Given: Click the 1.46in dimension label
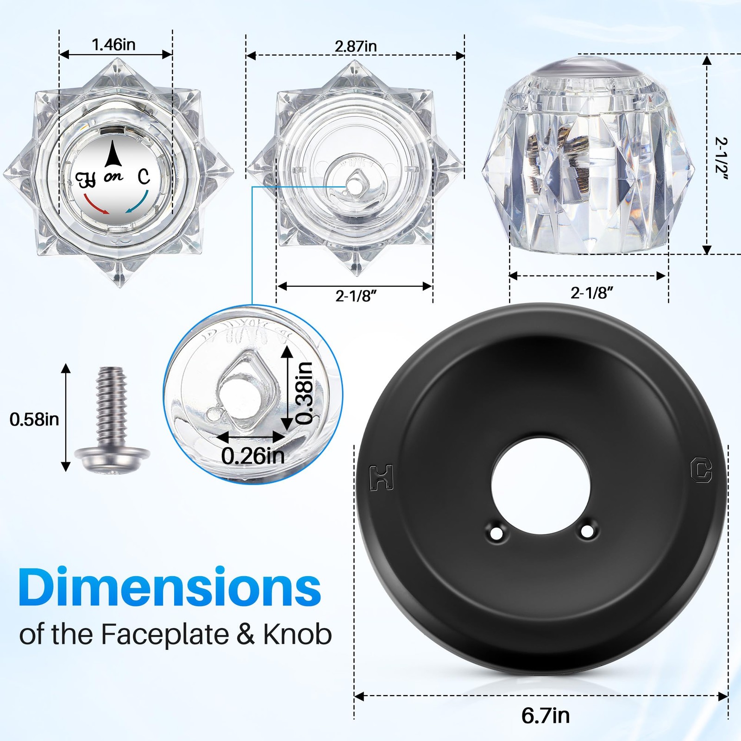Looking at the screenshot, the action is pos(113,44).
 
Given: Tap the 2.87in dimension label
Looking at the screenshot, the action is pos(356,46).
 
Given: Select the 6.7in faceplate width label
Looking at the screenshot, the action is pos(546,716).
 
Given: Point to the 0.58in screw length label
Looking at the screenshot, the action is pos(34,420).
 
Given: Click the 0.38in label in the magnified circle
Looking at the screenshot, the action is pos(305,393).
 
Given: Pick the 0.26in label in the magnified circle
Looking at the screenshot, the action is pos(253,456).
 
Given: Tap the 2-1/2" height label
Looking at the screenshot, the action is pos(721,158).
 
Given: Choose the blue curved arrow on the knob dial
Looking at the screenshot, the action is pos(138,202).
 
